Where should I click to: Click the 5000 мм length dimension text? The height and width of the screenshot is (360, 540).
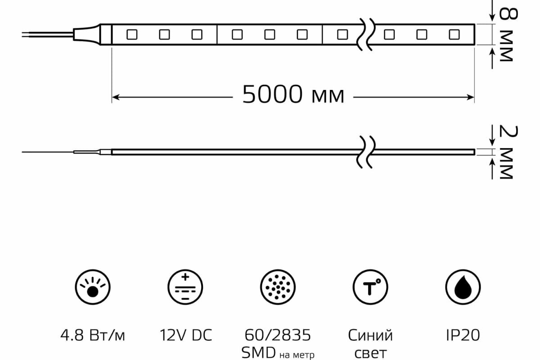[293, 95]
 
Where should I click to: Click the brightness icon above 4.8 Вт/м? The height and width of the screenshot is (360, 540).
[93, 287]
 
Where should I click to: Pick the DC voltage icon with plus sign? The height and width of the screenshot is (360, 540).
[185, 287]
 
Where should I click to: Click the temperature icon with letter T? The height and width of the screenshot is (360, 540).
[370, 287]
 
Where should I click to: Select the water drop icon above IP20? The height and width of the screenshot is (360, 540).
[463, 287]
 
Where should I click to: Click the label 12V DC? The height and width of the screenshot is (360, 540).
[185, 335]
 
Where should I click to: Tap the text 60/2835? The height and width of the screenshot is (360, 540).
[278, 335]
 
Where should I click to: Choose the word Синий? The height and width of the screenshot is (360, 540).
[370, 335]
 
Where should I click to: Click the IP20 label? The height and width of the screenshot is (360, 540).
[463, 335]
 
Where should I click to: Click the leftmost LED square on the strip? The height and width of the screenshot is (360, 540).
[132, 34]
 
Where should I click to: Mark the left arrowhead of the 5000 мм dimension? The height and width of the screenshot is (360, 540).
[115, 96]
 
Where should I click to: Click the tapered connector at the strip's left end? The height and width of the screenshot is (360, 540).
[88, 34]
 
